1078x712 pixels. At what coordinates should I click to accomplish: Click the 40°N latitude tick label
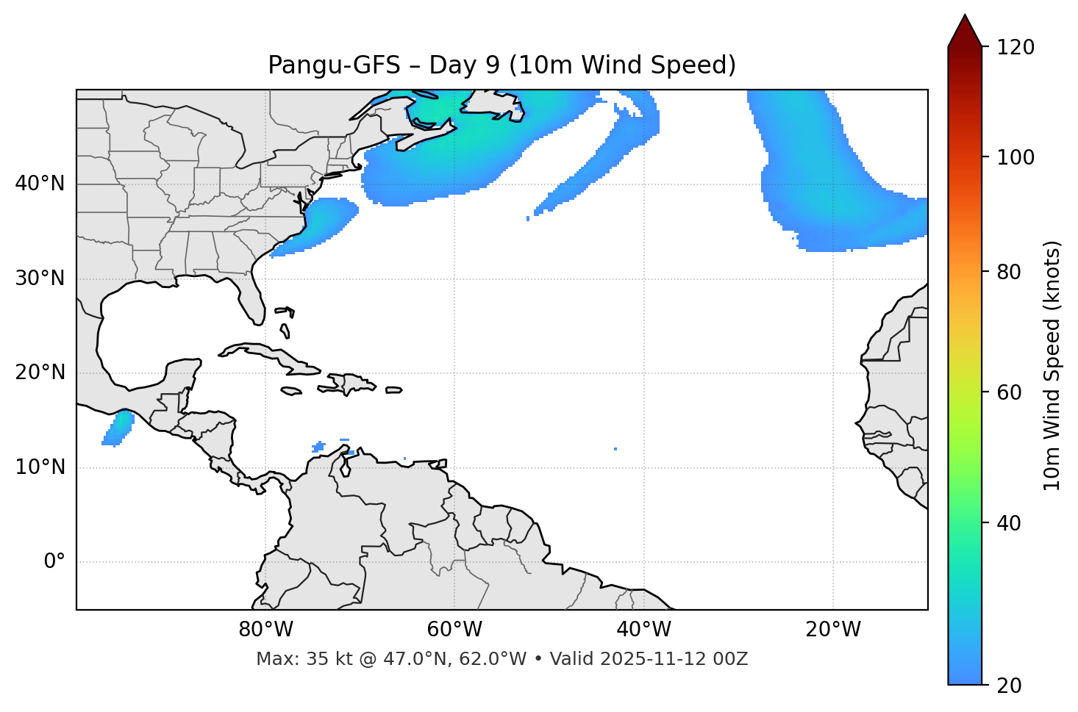pos(40,184)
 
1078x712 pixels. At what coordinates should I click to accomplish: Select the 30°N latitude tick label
pos(40,278)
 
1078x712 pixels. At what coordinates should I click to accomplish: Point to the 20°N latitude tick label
pos(40,373)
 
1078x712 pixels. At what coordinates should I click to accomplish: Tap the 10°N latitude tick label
pos(40,467)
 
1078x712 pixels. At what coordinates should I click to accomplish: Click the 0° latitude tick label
pos(54,562)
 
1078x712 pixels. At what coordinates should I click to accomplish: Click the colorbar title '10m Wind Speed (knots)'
pos(1052,365)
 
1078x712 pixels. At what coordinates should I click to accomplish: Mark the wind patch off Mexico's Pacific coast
pos(118,428)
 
